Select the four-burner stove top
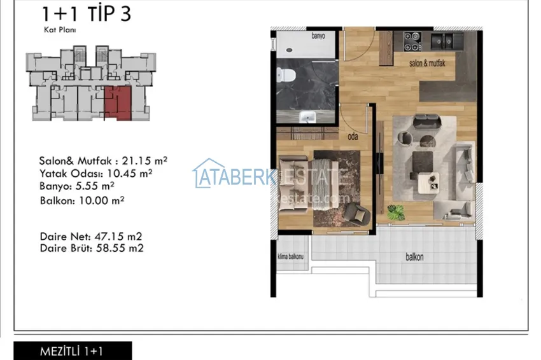(412, 42)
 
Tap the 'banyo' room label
(318, 36)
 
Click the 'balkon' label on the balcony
(415, 258)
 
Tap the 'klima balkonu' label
(291, 257)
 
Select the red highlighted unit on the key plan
(118, 102)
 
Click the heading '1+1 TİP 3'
(86, 14)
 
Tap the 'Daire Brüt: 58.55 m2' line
(92, 248)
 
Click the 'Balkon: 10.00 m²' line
(81, 200)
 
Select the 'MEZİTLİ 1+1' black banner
(73, 351)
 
